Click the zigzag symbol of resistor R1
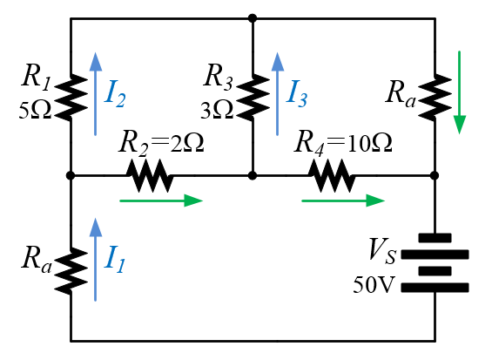(71, 98)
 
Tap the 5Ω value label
(35, 111)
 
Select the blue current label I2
(115, 93)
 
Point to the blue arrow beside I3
(278, 94)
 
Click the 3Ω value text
(217, 111)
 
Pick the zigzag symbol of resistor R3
(253, 98)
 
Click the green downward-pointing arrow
(460, 92)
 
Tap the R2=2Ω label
(161, 142)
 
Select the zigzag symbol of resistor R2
(150, 175)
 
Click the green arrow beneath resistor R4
(343, 200)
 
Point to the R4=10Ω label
(343, 142)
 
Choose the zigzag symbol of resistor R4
(332, 175)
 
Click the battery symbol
(435, 262)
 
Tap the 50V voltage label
(373, 285)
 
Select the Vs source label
(382, 251)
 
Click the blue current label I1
(115, 259)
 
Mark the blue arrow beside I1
(96, 260)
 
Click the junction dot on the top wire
(253, 18)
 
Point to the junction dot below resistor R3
(253, 175)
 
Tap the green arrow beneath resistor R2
(161, 200)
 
